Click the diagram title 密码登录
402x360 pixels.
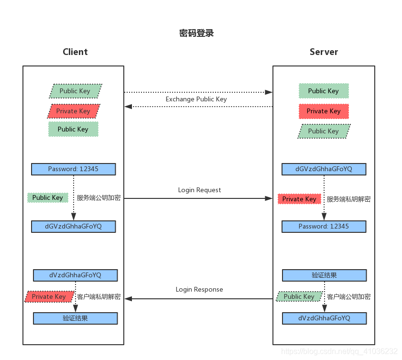coord(196,33)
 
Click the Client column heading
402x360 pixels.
coord(75,52)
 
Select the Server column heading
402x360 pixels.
coord(324,52)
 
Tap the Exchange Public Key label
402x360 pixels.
coord(196,99)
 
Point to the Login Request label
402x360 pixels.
coord(199,190)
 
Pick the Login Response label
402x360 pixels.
coord(199,289)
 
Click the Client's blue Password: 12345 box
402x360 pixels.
coord(74,169)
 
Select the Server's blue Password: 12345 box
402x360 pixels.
coord(324,226)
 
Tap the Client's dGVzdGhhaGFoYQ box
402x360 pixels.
coord(74,226)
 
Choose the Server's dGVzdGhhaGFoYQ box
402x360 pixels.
coord(324,169)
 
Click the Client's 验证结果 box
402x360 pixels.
coord(75,318)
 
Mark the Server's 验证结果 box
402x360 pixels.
coord(324,275)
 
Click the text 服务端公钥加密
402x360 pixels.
coord(98,197)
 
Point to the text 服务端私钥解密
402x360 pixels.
coord(348,199)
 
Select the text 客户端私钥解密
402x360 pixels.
coord(98,296)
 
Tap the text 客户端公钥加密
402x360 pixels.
coord(348,296)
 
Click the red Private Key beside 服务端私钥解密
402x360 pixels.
coord(299,199)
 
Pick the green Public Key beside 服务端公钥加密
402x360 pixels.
coord(48,197)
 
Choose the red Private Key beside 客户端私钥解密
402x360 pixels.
coord(49,296)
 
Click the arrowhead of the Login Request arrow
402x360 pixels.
coord(269,198)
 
